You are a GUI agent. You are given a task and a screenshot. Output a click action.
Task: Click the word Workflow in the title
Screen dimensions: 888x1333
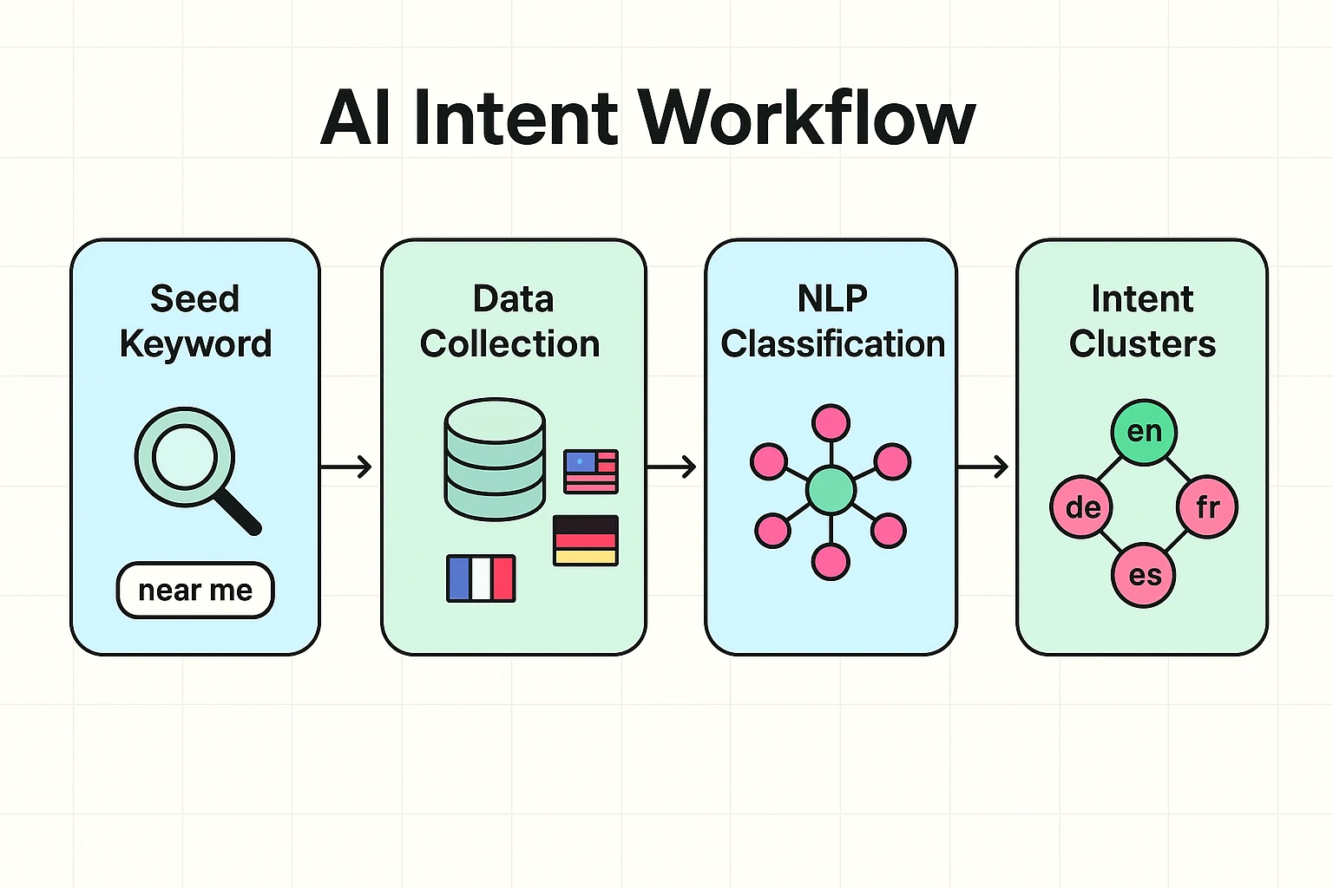tap(807, 119)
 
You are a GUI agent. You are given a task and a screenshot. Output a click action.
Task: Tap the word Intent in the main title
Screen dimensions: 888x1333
tap(515, 119)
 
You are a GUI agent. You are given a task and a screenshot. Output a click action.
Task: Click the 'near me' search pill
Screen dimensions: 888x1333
tap(195, 591)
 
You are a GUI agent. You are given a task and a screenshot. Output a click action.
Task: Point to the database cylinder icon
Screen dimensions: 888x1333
tap(495, 459)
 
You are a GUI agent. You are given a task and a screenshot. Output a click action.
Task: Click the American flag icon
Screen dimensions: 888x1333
tap(591, 471)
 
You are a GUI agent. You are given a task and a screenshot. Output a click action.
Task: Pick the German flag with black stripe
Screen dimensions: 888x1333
tap(586, 540)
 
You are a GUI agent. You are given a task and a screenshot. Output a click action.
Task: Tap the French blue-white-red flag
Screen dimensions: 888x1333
tap(481, 578)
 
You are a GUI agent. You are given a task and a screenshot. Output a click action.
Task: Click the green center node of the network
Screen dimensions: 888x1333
tap(831, 489)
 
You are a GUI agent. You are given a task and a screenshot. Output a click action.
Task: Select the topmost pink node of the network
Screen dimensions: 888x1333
tap(831, 423)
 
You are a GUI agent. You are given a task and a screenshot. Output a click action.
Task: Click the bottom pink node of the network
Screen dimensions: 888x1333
tap(831, 561)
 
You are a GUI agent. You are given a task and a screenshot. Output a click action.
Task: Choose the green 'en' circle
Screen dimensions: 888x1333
tap(1144, 432)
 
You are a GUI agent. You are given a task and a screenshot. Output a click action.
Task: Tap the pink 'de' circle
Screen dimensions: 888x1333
tap(1081, 506)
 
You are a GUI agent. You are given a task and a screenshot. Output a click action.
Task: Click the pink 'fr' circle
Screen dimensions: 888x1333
tap(1207, 506)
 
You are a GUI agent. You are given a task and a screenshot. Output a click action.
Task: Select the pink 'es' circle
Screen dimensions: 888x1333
tap(1144, 575)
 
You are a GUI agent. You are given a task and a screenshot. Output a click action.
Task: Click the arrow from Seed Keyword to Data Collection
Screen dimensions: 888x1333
tap(347, 467)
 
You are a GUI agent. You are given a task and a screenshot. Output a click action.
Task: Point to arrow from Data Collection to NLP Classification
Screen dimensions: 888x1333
tap(672, 467)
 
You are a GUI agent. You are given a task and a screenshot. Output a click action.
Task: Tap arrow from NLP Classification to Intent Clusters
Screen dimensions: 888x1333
tap(983, 467)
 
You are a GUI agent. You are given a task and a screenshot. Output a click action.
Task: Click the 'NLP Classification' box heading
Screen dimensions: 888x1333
tap(832, 322)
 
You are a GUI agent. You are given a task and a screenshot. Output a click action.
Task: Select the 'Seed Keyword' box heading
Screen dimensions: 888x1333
tap(195, 322)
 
